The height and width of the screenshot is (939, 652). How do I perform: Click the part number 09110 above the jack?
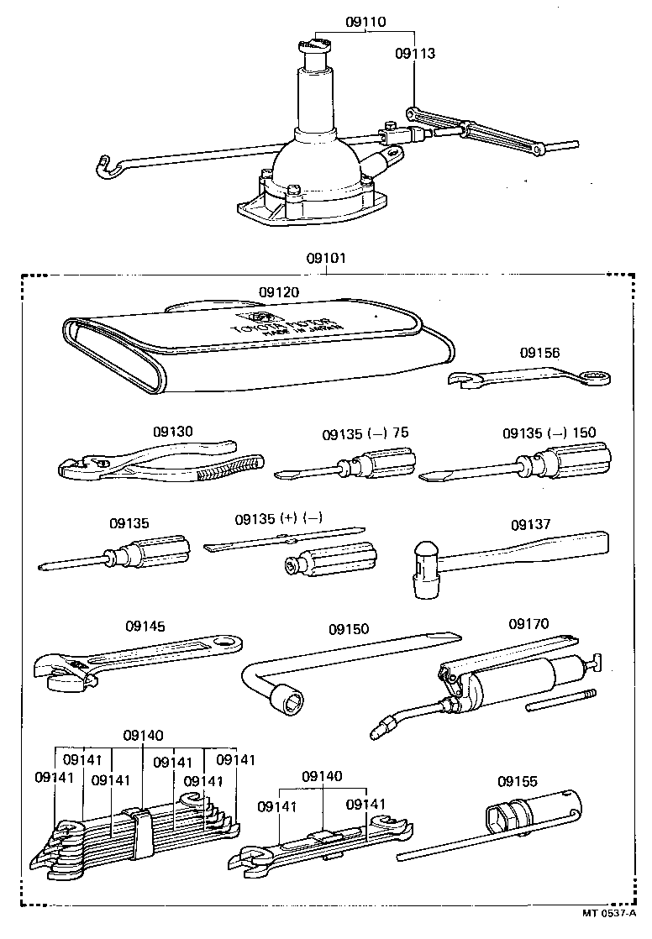365,23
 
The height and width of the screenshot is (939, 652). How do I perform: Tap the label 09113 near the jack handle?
415,53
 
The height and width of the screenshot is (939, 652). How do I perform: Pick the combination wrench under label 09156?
529,378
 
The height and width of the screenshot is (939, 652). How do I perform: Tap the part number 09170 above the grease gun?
528,624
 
